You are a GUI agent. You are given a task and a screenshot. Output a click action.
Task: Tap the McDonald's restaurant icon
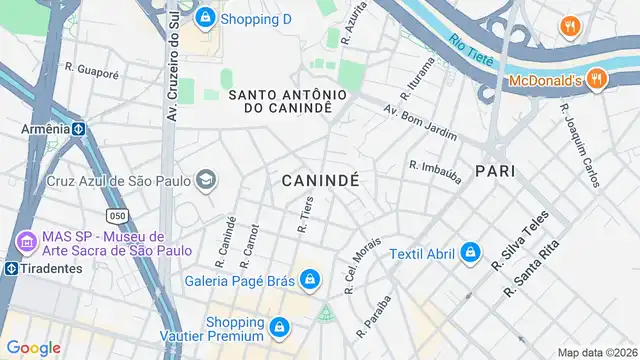click(x=596, y=78)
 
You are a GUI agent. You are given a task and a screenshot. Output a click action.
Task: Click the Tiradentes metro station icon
click(x=10, y=268)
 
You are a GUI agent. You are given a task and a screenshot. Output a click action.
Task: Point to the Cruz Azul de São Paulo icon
click(x=207, y=181)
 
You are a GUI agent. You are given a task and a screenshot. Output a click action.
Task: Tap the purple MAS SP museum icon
click(x=26, y=241)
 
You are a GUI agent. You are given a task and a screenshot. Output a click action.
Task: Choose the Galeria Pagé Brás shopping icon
click(x=311, y=279)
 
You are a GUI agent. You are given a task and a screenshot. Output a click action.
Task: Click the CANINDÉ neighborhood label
click(x=320, y=180)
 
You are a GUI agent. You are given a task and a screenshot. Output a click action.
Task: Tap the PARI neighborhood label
click(x=495, y=171)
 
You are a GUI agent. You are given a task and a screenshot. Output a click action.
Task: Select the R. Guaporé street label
click(x=91, y=71)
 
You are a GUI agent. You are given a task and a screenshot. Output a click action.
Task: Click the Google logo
click(x=33, y=347)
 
